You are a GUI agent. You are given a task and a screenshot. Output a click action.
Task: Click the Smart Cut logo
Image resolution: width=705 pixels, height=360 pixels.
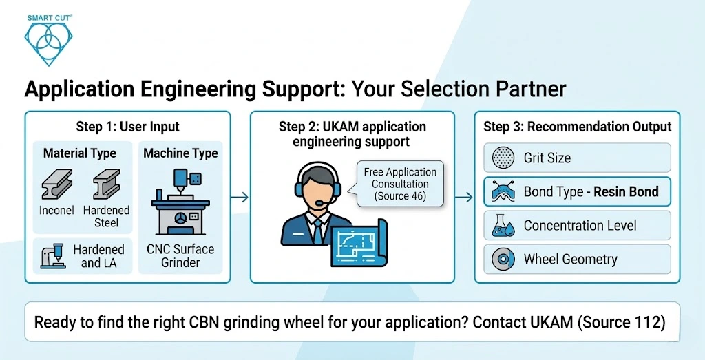(48, 38)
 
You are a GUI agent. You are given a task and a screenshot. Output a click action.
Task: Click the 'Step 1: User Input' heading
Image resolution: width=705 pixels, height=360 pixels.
(127, 127)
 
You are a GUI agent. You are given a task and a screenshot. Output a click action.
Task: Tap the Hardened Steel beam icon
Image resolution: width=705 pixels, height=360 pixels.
(106, 184)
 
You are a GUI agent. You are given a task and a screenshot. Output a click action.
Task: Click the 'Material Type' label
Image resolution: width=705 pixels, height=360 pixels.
(80, 153)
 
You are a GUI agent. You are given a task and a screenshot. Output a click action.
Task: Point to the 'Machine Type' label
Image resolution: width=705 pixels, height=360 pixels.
(180, 153)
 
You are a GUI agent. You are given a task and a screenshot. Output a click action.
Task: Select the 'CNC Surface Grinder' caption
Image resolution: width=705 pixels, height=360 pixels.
(180, 255)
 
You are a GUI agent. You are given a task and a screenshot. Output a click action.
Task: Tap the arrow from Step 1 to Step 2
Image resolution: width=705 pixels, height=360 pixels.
(240, 198)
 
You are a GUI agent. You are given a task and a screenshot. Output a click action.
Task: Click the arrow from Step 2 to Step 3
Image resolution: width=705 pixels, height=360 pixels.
(465, 198)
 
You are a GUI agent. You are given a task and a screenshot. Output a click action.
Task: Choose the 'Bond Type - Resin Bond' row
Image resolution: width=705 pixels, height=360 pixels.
(577, 192)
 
